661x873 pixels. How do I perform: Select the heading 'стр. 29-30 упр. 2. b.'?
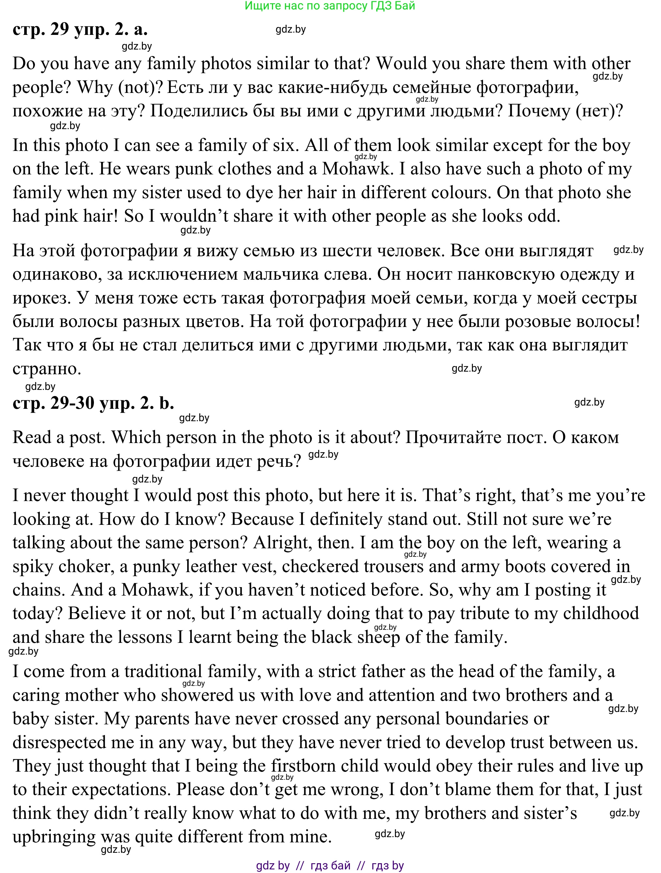point(93,403)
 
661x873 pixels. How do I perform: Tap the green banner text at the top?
point(330,6)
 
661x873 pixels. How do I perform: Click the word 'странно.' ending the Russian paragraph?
point(47,369)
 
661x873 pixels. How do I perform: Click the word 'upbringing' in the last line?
point(54,837)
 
